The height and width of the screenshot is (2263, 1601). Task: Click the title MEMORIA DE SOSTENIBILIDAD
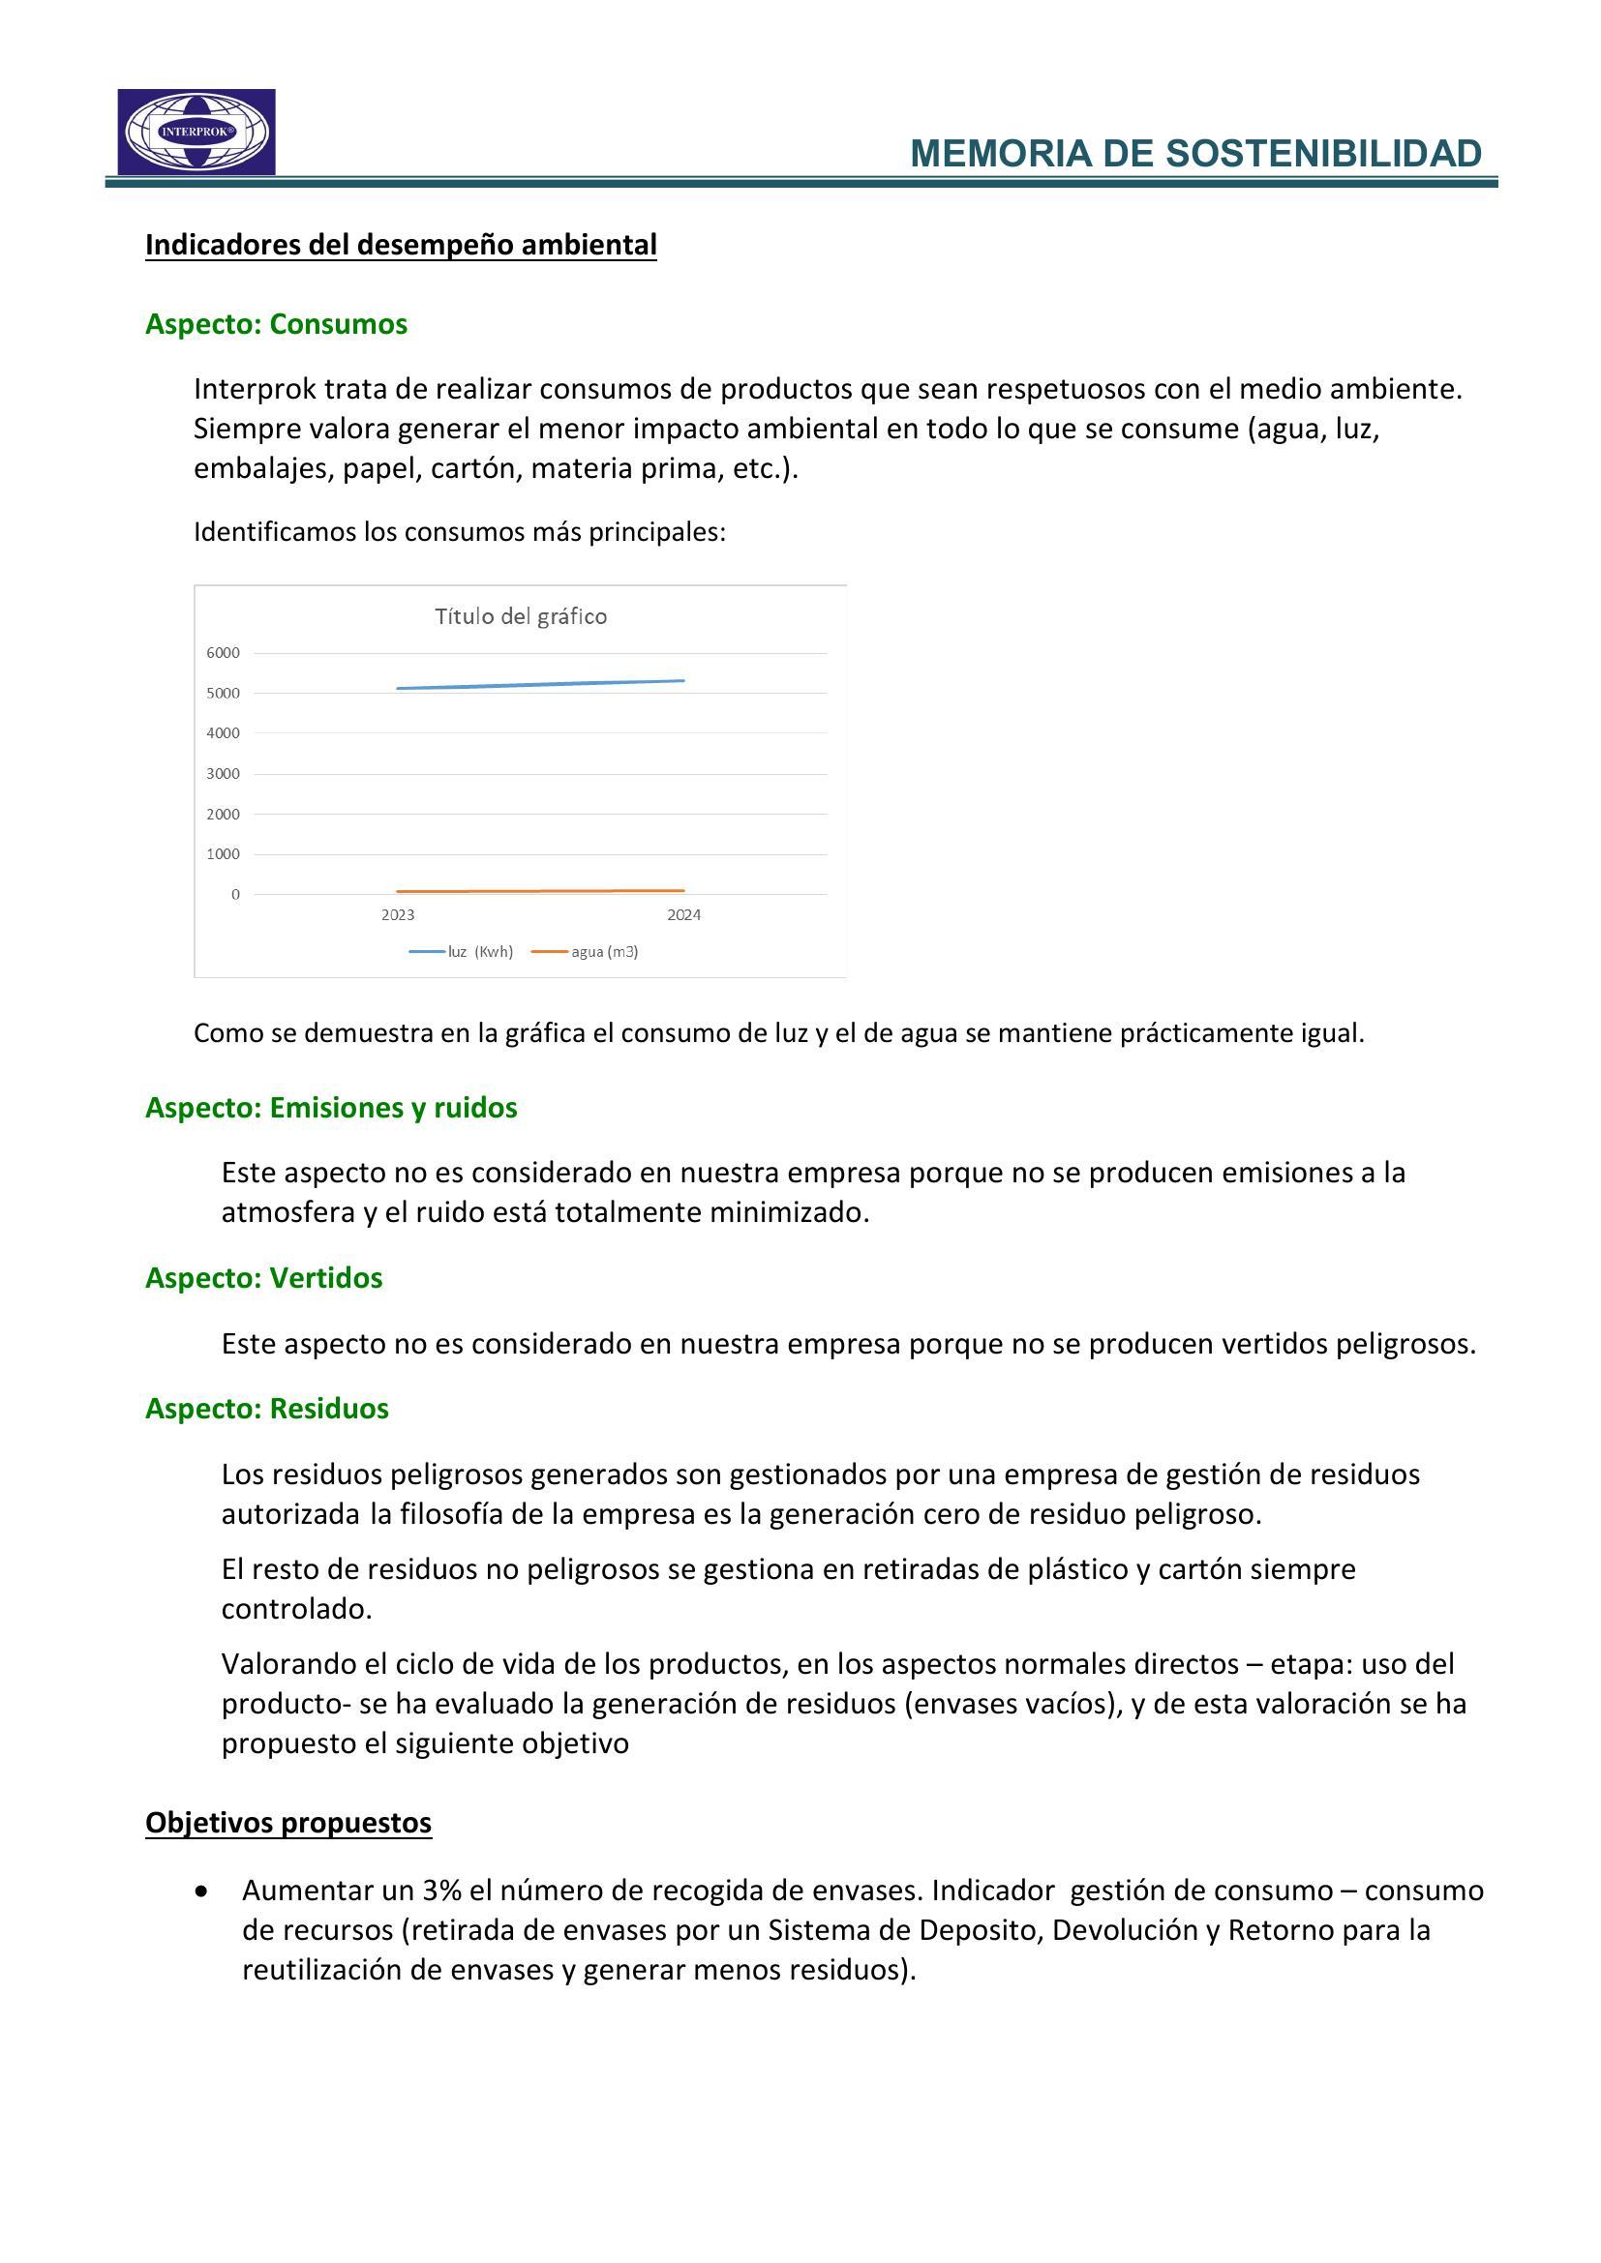pyautogui.click(x=1194, y=154)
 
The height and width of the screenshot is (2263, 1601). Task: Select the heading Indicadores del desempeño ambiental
pyautogui.click(x=401, y=245)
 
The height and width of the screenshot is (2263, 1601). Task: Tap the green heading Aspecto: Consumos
pyautogui.click(x=276, y=324)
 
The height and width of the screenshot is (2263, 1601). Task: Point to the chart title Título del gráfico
pyautogui.click(x=521, y=617)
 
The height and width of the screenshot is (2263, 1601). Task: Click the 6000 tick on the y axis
pyautogui.click(x=223, y=652)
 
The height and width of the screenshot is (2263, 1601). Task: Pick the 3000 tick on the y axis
pyautogui.click(x=223, y=774)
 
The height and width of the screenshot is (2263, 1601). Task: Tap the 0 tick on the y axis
pyautogui.click(x=235, y=895)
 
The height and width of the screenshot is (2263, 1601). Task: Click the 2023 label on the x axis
pyautogui.click(x=398, y=914)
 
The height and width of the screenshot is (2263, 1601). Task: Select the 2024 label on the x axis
pyautogui.click(x=683, y=914)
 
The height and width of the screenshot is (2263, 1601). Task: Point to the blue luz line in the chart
pyautogui.click(x=540, y=685)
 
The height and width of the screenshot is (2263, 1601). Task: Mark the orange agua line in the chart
pyautogui.click(x=540, y=891)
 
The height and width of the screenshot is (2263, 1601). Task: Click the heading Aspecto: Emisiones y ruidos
pyautogui.click(x=331, y=1108)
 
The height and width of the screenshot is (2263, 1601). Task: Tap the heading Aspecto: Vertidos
pyautogui.click(x=263, y=1278)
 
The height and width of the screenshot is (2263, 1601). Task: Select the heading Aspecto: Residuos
pyautogui.click(x=266, y=1409)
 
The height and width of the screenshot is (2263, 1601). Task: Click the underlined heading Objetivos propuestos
pyautogui.click(x=287, y=1823)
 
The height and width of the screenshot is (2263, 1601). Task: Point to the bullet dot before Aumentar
pyautogui.click(x=202, y=1891)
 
